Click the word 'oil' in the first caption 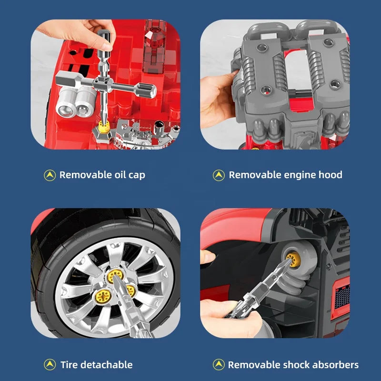tap(120, 175)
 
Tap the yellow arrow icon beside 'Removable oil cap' tap(50, 175)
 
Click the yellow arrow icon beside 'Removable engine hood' tap(219, 175)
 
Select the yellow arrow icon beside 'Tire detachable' tap(50, 365)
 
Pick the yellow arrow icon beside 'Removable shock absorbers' tap(219, 365)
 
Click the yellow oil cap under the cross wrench tap(104, 127)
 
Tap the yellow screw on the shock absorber tap(293, 259)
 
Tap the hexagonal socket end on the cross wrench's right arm tap(147, 90)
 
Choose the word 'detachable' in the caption tap(109, 365)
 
